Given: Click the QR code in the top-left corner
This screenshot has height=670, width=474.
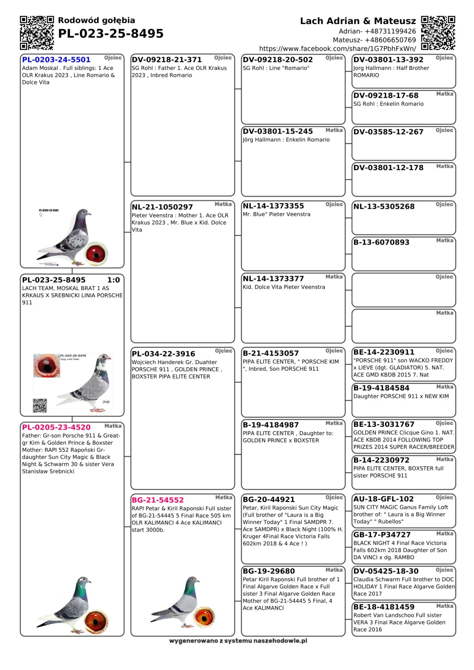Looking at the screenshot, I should (x=37, y=33).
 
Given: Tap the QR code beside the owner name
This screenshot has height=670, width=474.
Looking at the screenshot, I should (x=438, y=33).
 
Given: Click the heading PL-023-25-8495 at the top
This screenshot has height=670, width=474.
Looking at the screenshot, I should (x=111, y=34).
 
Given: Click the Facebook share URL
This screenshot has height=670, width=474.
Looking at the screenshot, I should (x=337, y=49).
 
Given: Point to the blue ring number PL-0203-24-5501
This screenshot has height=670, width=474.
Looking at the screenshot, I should (x=56, y=60).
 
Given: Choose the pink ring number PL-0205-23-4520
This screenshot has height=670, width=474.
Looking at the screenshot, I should (x=56, y=427).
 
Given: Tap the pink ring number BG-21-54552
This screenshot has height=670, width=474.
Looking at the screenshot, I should (x=158, y=500).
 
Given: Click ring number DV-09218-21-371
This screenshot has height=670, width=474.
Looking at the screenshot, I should (x=167, y=60).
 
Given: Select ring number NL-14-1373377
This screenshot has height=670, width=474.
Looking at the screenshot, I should (x=273, y=279).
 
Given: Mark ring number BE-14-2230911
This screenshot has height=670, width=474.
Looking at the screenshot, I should (x=384, y=352).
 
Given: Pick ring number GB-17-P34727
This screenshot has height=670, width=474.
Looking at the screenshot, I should (x=382, y=535).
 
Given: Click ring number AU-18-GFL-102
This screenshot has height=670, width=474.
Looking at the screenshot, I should (x=384, y=499).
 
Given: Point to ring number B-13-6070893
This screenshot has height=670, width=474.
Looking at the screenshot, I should (x=381, y=242).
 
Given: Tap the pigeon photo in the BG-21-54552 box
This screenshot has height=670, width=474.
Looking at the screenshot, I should (x=176, y=602).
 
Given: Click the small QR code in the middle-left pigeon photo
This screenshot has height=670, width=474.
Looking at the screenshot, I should (x=40, y=405).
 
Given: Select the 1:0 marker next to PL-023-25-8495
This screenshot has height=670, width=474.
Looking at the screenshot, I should (x=113, y=280).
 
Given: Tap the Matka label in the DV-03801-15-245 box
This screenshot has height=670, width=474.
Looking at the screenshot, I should (x=334, y=130).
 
